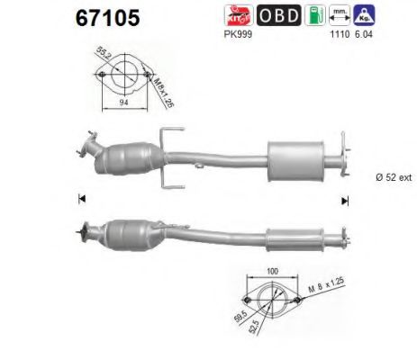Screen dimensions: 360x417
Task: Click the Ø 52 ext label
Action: tap(390, 176)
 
